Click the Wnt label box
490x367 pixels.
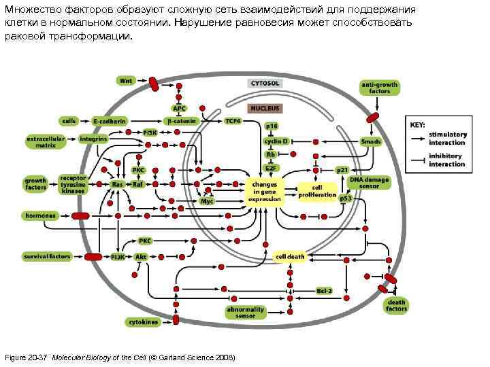tap(126, 80)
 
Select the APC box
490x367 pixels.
tap(179, 107)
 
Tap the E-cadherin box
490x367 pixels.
tap(110, 120)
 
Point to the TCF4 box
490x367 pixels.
tap(233, 120)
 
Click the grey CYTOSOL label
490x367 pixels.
tap(264, 83)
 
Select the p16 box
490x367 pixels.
tap(272, 126)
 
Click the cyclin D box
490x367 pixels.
tap(276, 141)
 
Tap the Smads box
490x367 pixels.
tap(371, 141)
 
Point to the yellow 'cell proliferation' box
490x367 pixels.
tap(317, 192)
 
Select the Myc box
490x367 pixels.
tap(207, 202)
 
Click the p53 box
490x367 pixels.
tap(346, 198)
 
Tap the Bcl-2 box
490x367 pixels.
tap(325, 291)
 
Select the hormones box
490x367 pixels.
tap(40, 215)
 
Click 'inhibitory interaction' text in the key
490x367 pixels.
tap(446, 160)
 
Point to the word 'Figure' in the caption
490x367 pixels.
tap(16, 357)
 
